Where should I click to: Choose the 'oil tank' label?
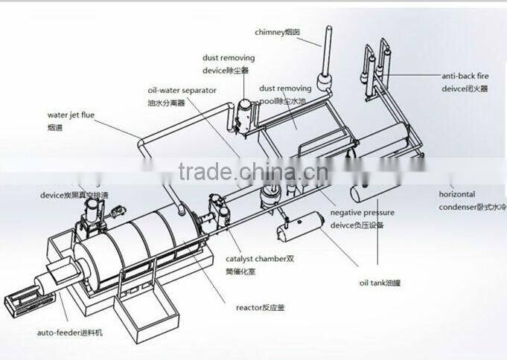(x=380, y=283)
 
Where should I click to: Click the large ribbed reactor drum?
(x=141, y=245)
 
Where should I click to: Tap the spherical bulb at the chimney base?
(x=323, y=81)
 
